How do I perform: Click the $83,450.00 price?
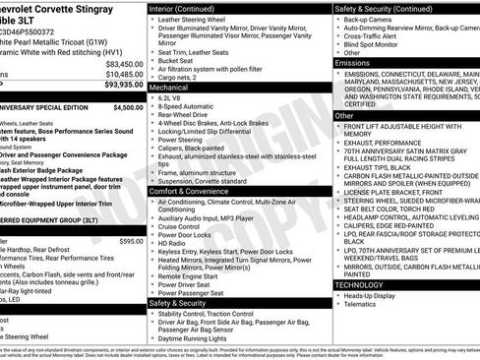point(120,62)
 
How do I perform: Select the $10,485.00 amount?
point(121,74)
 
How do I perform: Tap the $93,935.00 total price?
point(119,86)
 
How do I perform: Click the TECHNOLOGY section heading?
point(362,284)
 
